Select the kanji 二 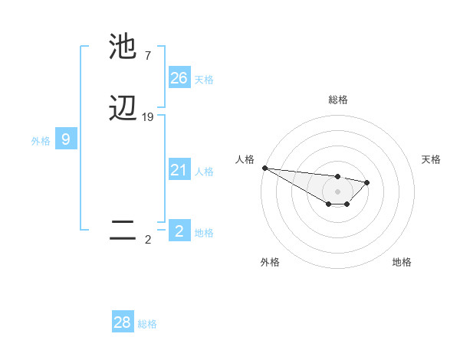point(123,230)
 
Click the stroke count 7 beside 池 point(147,56)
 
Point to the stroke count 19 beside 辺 point(148,117)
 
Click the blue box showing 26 point(179,78)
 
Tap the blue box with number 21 point(179,170)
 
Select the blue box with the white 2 point(179,231)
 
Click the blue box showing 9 point(66,139)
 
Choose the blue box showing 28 point(123,322)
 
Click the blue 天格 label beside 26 point(204,80)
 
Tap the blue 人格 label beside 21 point(204,172)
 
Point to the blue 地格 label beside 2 point(204,233)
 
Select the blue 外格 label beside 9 point(41,141)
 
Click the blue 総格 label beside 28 point(147,324)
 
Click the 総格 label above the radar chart point(337,100)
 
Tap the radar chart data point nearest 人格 point(264,168)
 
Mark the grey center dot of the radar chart point(337,191)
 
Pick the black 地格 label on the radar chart point(402,262)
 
